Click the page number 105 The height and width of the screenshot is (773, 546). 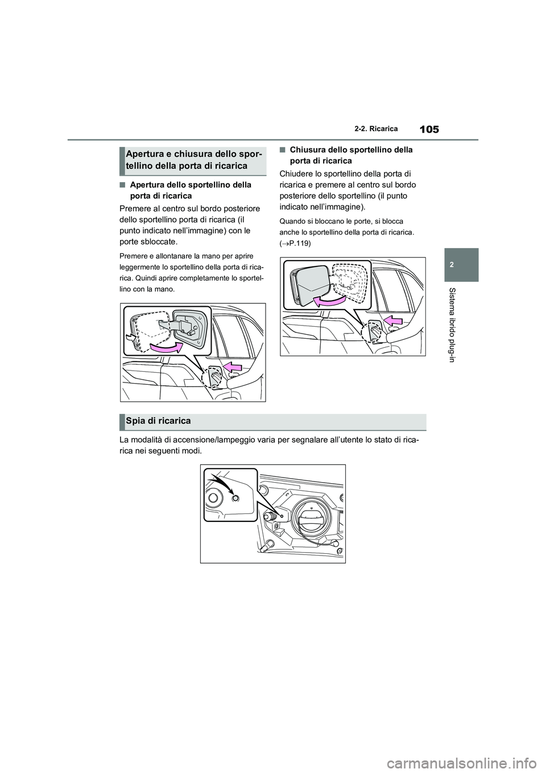pyautogui.click(x=429, y=129)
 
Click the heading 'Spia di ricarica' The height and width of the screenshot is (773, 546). pyautogui.click(x=159, y=421)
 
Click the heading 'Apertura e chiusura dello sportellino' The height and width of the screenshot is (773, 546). pyautogui.click(x=192, y=160)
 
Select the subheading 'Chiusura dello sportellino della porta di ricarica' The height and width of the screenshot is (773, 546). pyautogui.click(x=351, y=155)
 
